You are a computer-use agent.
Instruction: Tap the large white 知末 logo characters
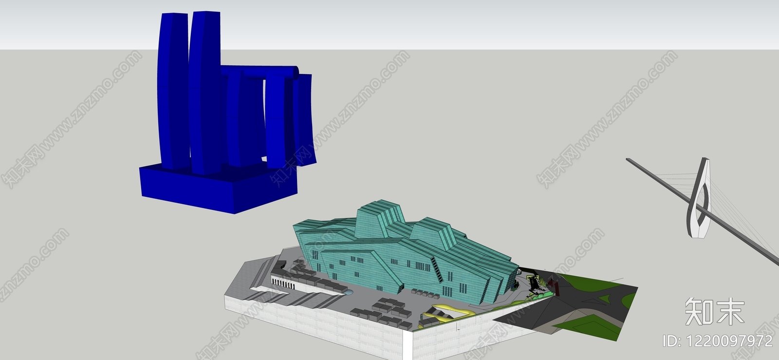[x=715, y=311]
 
